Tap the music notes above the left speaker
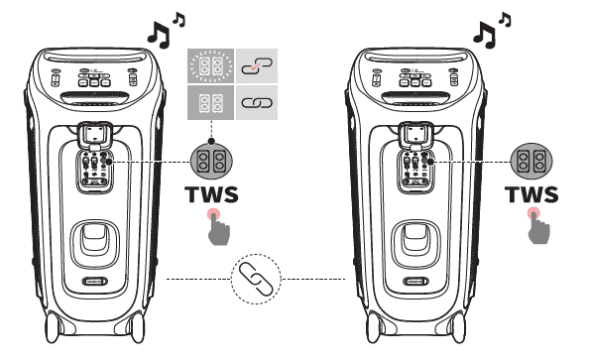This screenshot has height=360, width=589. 163,29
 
